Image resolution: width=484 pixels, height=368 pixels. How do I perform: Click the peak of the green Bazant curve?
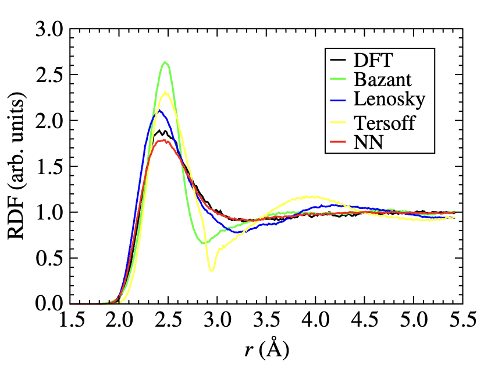point(165,62)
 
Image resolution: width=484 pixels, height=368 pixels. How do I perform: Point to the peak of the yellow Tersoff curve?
point(166,91)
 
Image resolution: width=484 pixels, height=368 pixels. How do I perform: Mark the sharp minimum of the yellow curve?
point(212,271)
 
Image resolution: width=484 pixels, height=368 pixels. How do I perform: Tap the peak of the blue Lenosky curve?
point(159,111)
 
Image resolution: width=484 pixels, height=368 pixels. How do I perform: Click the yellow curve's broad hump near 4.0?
point(314,197)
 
